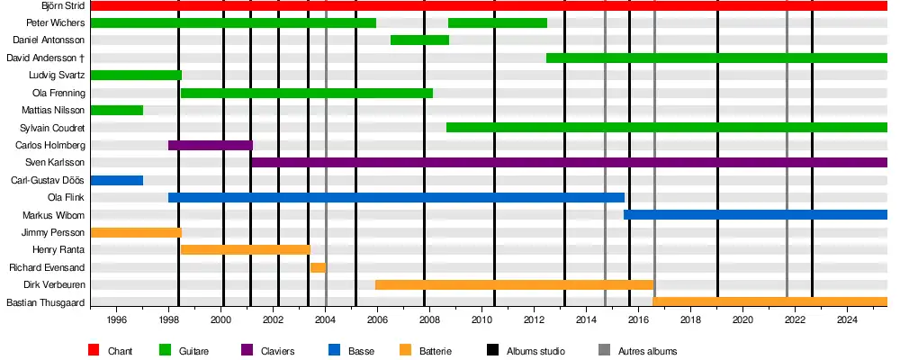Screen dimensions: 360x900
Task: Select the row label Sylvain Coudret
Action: click(x=52, y=128)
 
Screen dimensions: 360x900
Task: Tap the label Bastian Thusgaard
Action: click(x=46, y=302)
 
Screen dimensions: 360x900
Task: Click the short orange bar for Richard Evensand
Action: click(x=318, y=267)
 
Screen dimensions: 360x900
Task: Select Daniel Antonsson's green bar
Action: click(x=419, y=40)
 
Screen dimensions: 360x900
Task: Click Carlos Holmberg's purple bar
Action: click(x=211, y=145)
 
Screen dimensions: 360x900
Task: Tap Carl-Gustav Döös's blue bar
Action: click(x=117, y=180)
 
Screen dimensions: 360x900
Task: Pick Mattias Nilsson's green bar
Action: click(x=117, y=110)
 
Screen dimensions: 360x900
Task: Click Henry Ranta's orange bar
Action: click(x=246, y=249)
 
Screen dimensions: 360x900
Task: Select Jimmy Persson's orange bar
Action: click(x=136, y=232)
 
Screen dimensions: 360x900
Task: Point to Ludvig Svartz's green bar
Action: click(x=136, y=76)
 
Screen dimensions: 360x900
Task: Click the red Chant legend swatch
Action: click(x=94, y=350)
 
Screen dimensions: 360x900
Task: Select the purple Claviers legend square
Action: click(x=247, y=350)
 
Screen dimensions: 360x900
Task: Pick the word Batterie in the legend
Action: click(x=435, y=351)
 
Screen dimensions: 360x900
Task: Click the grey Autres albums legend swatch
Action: click(x=604, y=350)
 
